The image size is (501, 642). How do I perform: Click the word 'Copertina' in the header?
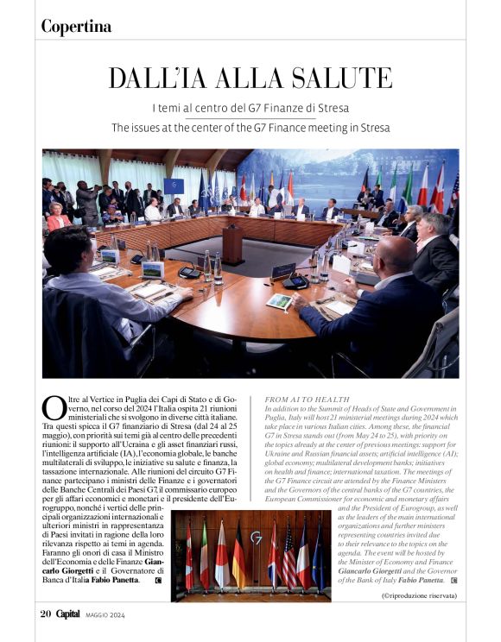click(x=76, y=27)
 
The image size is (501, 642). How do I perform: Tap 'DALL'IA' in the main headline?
click(x=152, y=78)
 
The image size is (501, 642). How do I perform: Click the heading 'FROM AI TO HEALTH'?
click(x=290, y=399)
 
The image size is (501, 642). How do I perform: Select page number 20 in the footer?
click(x=46, y=614)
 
